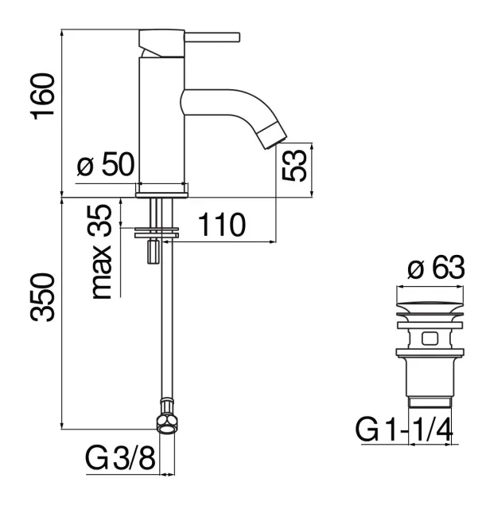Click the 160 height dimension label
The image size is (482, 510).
click(x=42, y=96)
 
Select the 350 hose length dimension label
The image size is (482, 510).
click(x=42, y=297)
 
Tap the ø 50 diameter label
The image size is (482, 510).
click(x=106, y=164)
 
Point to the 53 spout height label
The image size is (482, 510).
click(x=294, y=165)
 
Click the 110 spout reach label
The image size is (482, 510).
click(x=222, y=225)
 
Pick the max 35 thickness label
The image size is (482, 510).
click(x=102, y=252)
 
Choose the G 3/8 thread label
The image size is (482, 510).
click(x=120, y=458)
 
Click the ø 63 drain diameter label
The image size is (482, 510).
click(x=436, y=268)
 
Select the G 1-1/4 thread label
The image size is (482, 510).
click(x=404, y=430)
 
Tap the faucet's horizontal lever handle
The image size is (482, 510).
click(x=212, y=37)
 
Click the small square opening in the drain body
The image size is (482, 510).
click(x=430, y=338)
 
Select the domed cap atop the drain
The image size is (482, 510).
click(x=430, y=307)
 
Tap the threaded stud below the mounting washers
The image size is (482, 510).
click(x=154, y=252)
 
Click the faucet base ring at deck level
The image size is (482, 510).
click(x=162, y=194)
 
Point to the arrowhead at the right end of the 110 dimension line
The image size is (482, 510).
click(x=272, y=241)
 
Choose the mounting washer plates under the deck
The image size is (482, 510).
click(x=157, y=232)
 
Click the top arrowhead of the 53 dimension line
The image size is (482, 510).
click(x=312, y=146)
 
